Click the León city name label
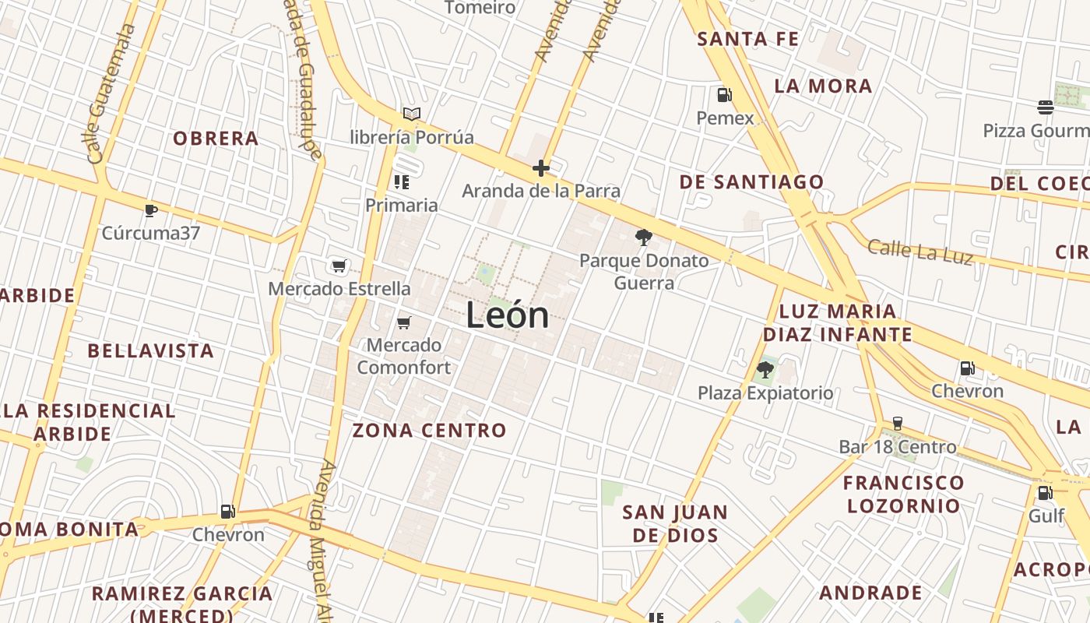coord(508,315)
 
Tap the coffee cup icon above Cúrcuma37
coord(151,210)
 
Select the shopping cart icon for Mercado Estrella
coord(339,266)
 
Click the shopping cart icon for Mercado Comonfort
coord(403,322)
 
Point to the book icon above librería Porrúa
coord(412,114)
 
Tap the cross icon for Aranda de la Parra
coord(540,168)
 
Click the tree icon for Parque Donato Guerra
coord(643,238)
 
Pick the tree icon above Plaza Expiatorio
coord(765,370)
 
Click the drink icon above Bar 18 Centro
coord(897,424)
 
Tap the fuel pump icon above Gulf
coord(1045,493)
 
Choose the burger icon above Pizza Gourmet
coord(1045,107)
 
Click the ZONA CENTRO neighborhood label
coord(429,430)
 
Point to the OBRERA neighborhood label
coord(216,139)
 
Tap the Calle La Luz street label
coord(919,252)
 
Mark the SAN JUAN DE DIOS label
coord(675,523)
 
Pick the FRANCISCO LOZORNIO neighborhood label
coord(903,494)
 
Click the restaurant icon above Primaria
coord(402,183)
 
